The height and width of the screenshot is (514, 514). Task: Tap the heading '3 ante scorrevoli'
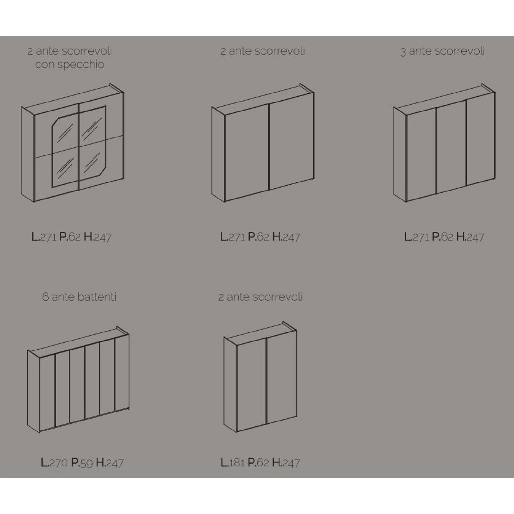[443, 51]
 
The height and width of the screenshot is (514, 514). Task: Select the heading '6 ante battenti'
[79, 297]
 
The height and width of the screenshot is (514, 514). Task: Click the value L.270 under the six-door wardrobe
[54, 463]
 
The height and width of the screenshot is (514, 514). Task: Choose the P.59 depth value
[82, 463]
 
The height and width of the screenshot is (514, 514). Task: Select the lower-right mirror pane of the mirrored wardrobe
[92, 160]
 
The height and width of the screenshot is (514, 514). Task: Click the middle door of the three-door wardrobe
[451, 147]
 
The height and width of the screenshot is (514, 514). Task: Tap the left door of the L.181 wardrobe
[251, 384]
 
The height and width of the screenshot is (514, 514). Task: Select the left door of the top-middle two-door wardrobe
[246, 153]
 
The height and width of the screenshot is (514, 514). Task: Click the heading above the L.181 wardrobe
[261, 297]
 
